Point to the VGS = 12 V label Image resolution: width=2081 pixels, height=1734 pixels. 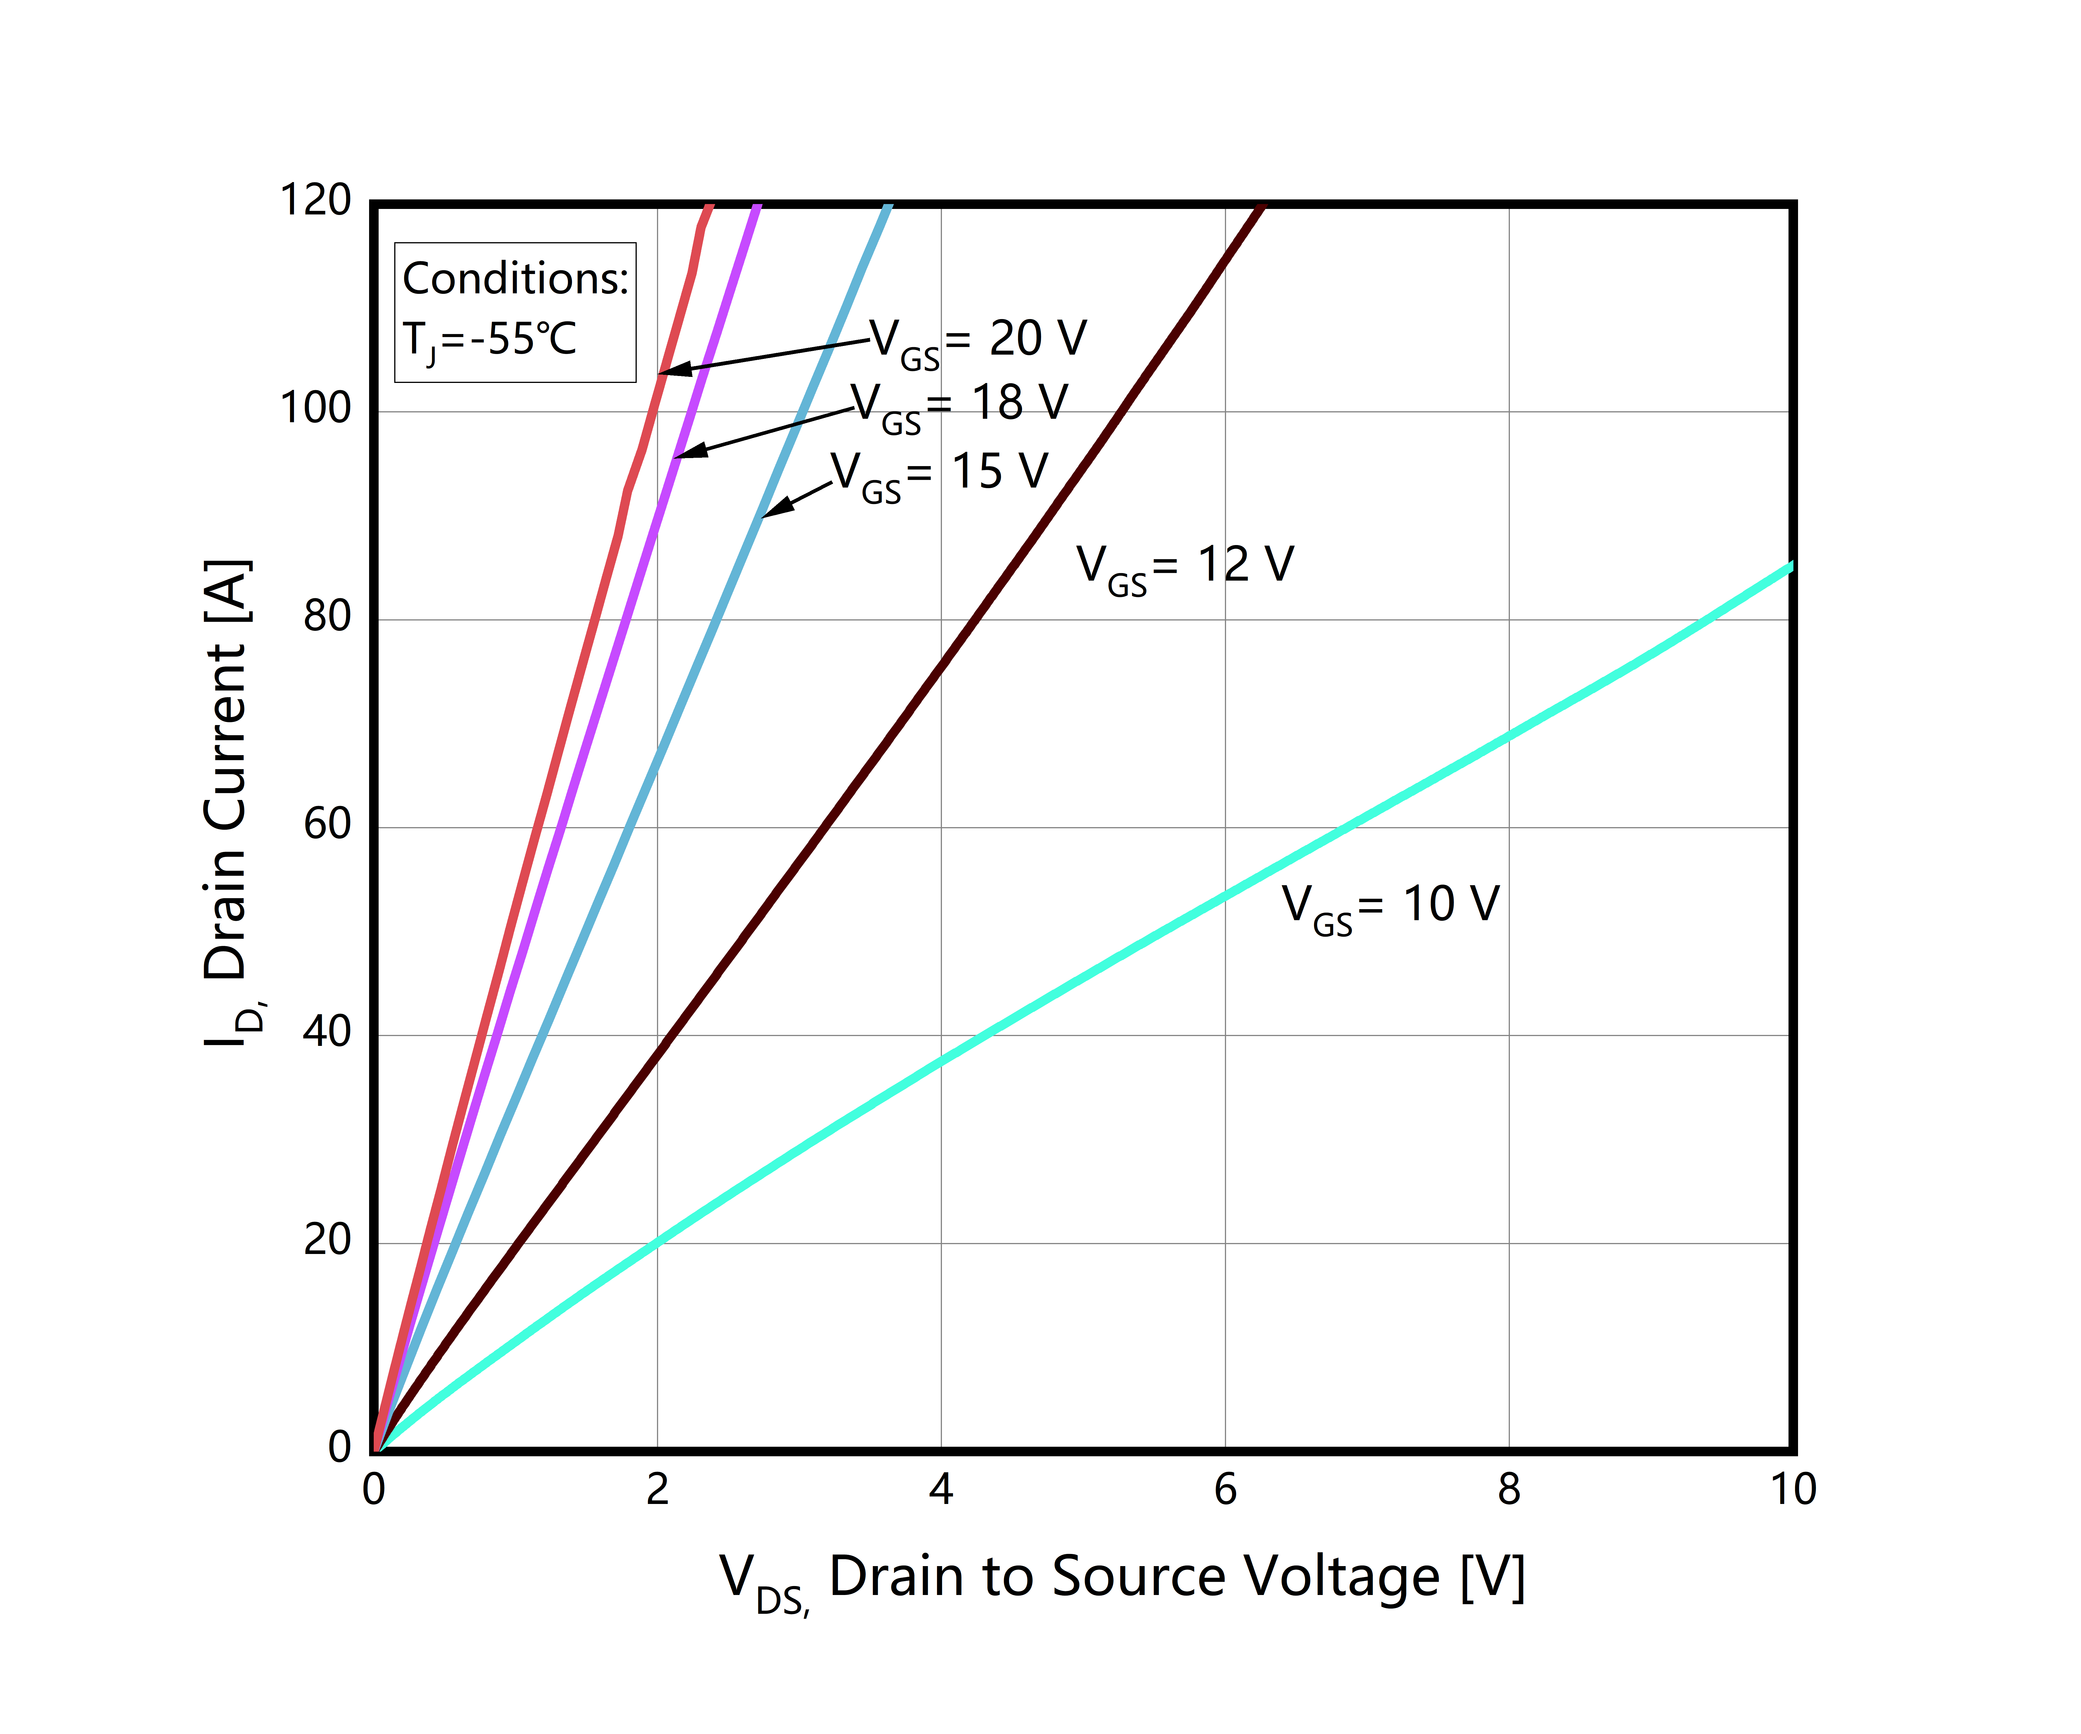pos(1185,567)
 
